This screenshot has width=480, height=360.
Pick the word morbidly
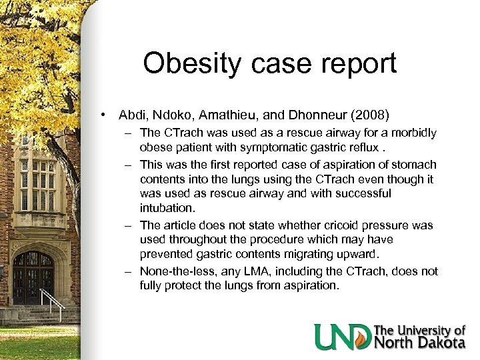[415, 133]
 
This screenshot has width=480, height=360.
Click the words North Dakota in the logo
[420, 343]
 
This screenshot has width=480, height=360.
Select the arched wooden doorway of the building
[33, 277]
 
